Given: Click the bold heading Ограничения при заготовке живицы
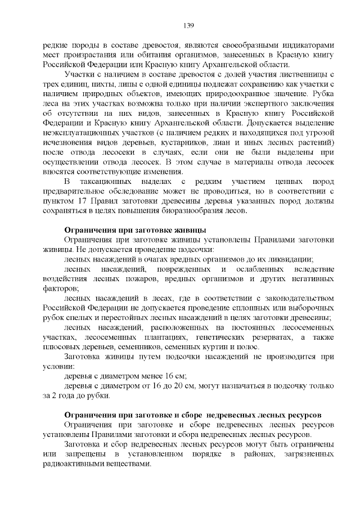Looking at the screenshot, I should coord(135,230).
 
